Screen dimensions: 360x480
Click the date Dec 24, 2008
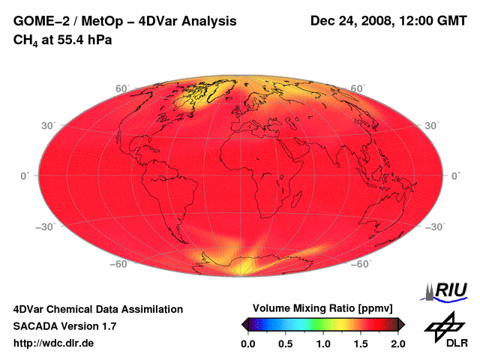coord(350,22)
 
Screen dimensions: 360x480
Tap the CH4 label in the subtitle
coord(25,40)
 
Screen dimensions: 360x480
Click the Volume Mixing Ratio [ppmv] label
coord(322,308)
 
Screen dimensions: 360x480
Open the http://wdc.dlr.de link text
coord(54,343)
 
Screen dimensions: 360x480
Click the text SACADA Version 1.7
coord(64,326)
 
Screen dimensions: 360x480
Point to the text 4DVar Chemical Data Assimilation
coord(97,309)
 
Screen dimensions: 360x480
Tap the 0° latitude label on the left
coord(24,175)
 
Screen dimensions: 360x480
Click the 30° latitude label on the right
coord(433,125)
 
